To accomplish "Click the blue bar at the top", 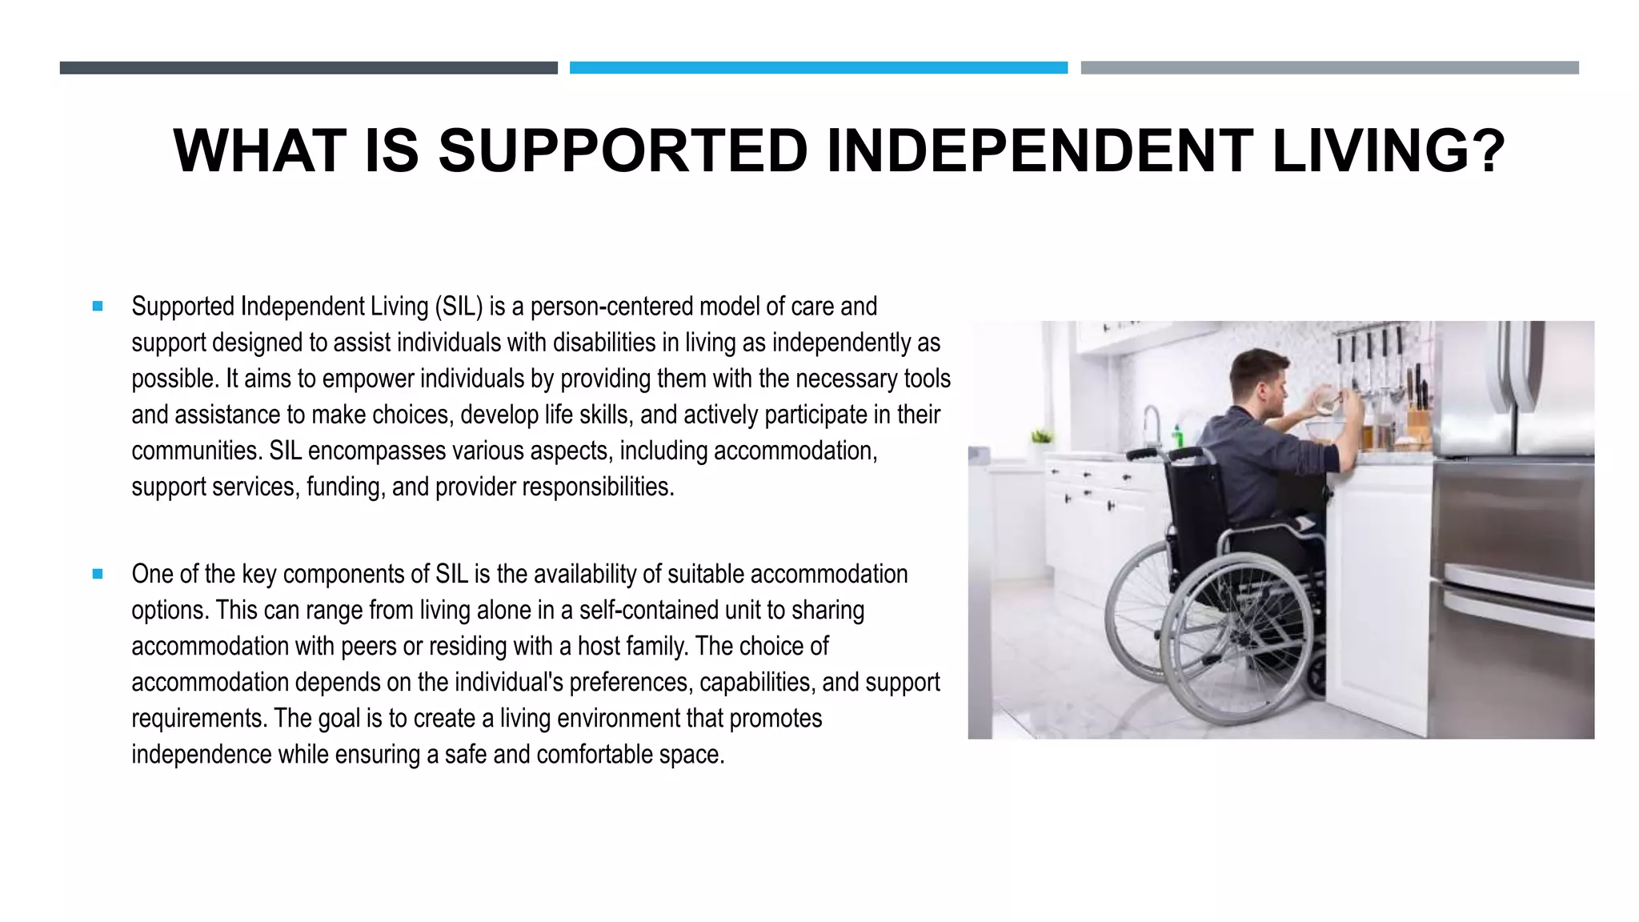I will pos(818,68).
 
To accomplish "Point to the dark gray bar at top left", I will pos(308,68).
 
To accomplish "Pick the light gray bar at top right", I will pos(1329,68).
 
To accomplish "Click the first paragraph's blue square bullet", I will pos(98,306).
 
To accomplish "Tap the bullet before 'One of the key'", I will pos(98,574).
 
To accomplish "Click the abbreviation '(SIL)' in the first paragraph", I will pos(459,307).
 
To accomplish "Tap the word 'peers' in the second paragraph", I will pos(368,646).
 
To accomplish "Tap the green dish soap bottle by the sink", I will pos(1178,437).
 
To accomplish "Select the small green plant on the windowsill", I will pos(1041,437).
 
